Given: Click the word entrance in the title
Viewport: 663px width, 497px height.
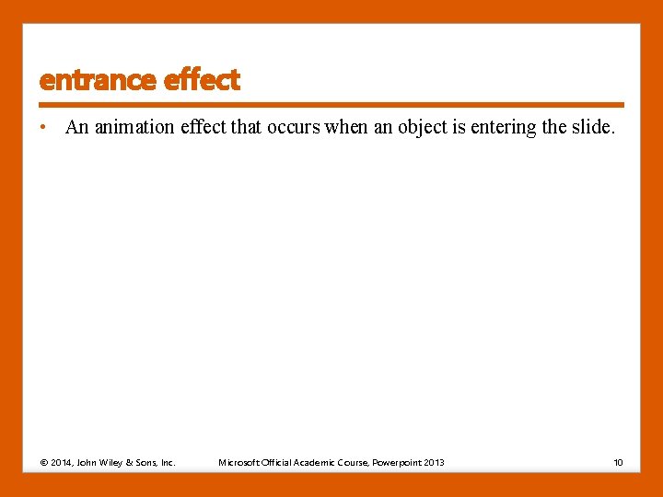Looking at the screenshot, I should pos(98,80).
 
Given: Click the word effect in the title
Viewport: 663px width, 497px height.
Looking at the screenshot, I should pos(202,80).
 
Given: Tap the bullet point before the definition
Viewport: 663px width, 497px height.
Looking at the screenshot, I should pos(43,127).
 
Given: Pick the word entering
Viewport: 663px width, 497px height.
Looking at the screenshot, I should pos(504,127).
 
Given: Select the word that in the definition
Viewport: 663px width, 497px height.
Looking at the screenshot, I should pos(246,127).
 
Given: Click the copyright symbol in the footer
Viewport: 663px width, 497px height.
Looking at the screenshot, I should pos(44,462).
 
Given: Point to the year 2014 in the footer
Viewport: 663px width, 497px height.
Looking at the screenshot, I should pos(62,462).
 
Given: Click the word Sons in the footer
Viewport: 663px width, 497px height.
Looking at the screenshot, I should pos(147,462).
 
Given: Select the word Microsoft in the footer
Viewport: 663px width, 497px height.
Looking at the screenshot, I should pos(238,462).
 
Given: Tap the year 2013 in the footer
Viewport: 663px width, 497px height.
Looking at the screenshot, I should pos(436,462).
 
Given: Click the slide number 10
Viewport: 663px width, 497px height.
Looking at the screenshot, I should pos(618,462).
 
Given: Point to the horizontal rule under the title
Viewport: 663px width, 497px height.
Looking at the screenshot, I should pos(331,105).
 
